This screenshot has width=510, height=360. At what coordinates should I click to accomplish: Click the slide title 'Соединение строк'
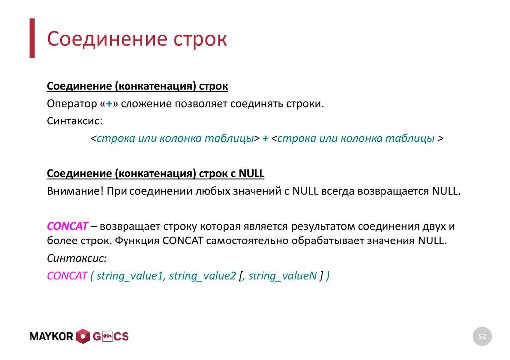(x=137, y=39)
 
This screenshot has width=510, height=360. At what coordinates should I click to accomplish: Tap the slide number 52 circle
(x=482, y=337)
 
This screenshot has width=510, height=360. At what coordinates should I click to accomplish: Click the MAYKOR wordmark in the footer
(x=52, y=337)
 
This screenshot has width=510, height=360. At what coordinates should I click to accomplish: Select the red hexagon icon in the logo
(x=83, y=337)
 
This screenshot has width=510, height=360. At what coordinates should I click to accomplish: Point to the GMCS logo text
(x=110, y=337)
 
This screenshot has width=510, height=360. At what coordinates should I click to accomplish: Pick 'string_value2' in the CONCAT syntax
(x=202, y=276)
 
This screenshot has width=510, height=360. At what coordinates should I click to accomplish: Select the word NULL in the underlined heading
(x=252, y=173)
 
